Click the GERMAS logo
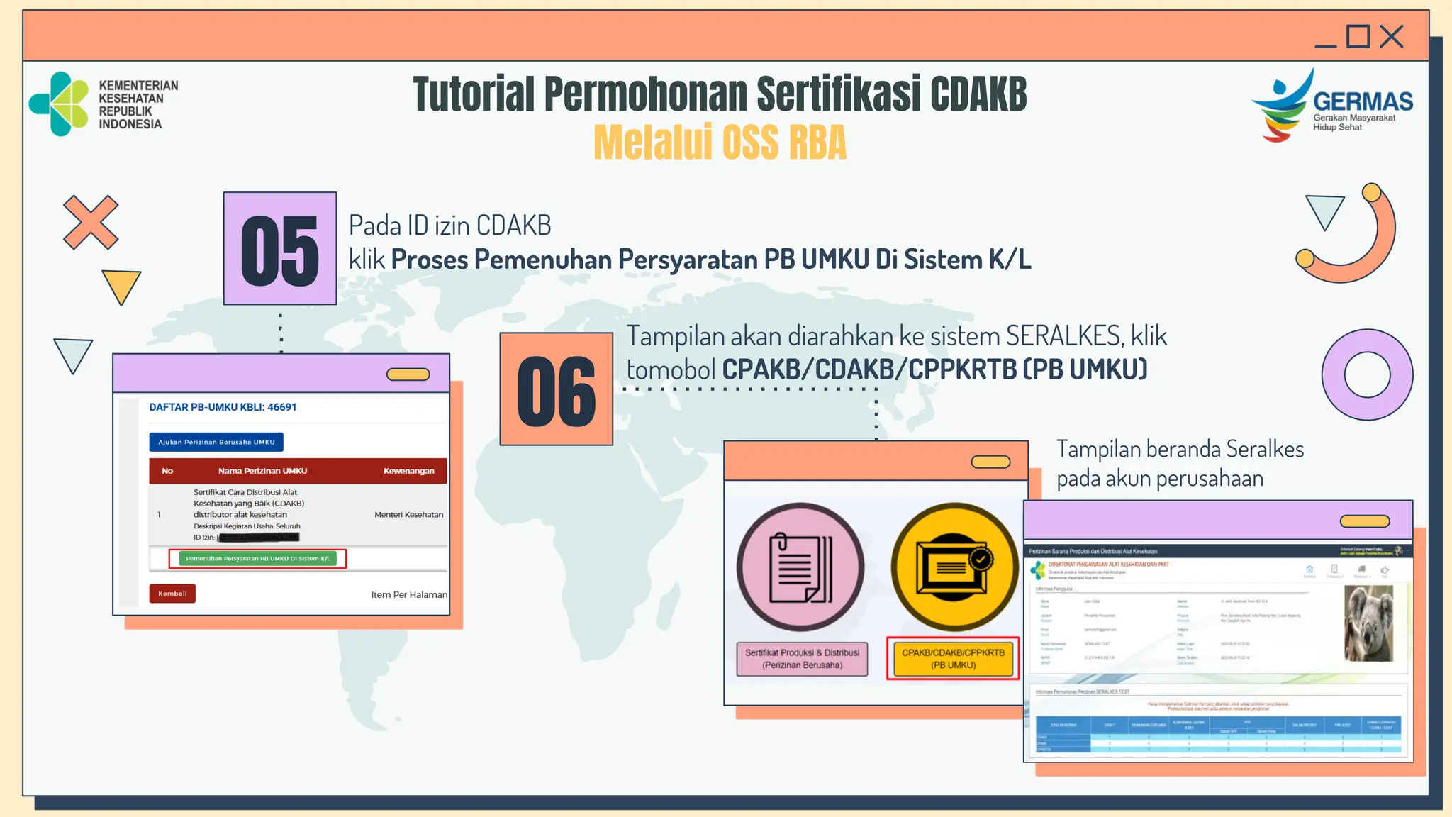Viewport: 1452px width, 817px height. [x=1331, y=105]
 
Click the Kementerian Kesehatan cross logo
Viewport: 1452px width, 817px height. [x=60, y=104]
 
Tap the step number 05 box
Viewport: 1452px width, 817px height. [x=280, y=248]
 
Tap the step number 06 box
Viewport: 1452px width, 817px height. [x=557, y=389]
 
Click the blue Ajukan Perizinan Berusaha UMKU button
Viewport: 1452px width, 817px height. [x=216, y=442]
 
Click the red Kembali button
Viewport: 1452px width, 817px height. [x=172, y=594]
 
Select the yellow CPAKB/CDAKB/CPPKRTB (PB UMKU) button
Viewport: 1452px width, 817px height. [x=953, y=659]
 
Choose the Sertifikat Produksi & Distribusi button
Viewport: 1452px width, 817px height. [x=802, y=659]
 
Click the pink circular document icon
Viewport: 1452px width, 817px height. [x=800, y=567]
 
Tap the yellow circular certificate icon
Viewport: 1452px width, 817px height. [x=954, y=567]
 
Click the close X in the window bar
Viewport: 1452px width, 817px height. [x=1392, y=36]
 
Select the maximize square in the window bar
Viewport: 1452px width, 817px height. [x=1358, y=36]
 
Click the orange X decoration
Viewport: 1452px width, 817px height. [x=91, y=222]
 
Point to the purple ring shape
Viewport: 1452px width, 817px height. [x=1367, y=374]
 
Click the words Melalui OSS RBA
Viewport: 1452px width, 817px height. [x=720, y=143]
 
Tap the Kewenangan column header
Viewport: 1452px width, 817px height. [x=408, y=471]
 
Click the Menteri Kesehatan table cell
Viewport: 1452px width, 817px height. [x=408, y=515]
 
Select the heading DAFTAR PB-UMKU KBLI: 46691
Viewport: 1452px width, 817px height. [x=223, y=407]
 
